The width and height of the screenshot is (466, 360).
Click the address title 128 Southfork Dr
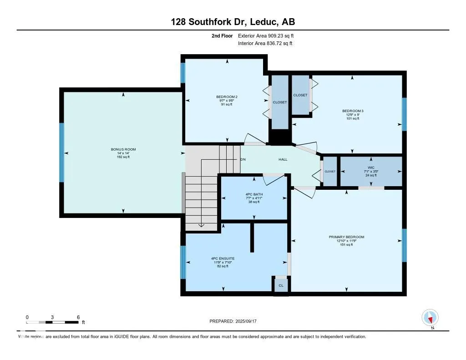233,22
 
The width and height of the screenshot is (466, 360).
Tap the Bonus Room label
123,149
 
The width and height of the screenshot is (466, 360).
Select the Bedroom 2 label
227,96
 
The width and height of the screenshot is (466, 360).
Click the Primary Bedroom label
347,237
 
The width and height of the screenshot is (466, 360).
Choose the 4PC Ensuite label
223,259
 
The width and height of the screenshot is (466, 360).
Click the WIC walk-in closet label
371,167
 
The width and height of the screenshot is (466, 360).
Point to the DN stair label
243,160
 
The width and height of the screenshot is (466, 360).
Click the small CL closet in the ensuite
281,285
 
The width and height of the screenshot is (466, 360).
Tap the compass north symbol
430,317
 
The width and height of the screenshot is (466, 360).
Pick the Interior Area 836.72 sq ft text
265,44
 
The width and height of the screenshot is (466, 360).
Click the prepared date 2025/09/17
236,321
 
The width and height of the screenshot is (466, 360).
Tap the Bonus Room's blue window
62,152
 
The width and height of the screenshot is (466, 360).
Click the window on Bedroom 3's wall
404,114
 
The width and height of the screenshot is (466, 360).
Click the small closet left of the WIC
330,171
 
